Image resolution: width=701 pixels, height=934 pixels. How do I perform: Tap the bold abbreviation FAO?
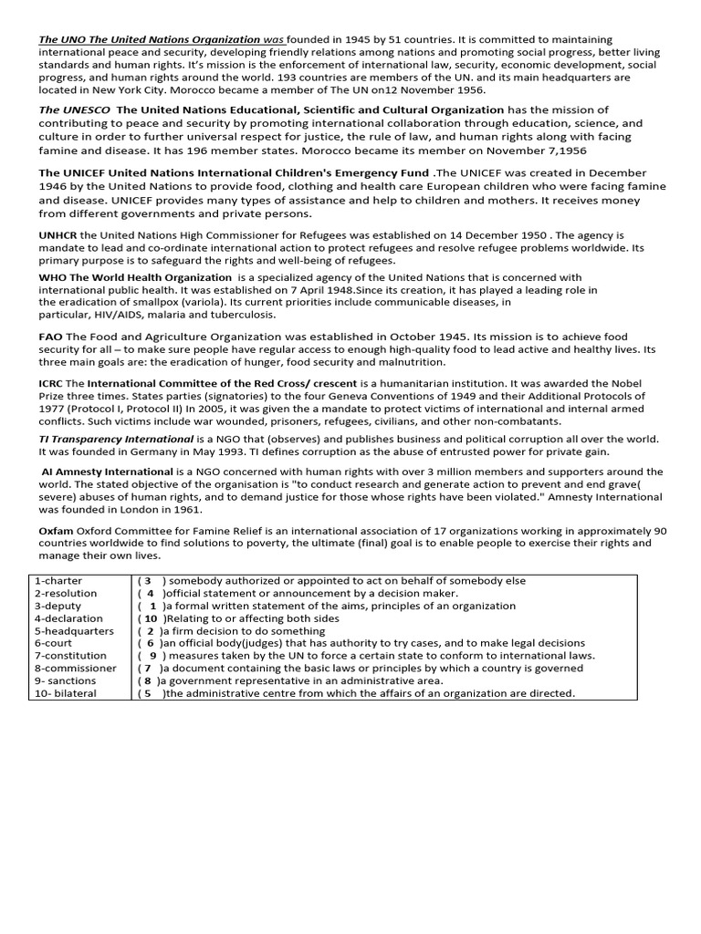(x=50, y=337)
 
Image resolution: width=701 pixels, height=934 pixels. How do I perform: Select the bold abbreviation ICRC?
(x=52, y=383)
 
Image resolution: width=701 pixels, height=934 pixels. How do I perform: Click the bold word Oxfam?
(x=55, y=530)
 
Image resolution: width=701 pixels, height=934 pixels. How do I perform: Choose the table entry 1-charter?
(x=58, y=580)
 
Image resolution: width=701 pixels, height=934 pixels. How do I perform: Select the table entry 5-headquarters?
(x=73, y=630)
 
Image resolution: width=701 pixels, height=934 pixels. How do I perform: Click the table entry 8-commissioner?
(x=75, y=668)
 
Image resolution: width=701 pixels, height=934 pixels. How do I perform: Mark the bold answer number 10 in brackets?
(x=151, y=618)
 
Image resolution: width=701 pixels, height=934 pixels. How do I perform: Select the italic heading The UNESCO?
(x=74, y=109)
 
